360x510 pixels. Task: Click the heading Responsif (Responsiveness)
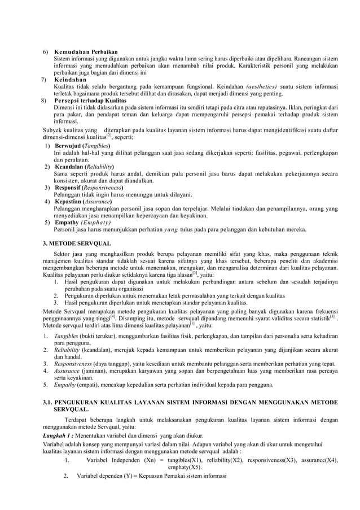coord(89,188)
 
